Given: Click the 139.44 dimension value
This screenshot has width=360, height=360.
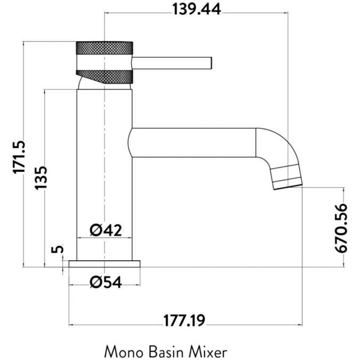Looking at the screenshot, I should pyautogui.click(x=196, y=9).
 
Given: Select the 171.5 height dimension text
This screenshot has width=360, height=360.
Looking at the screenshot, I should pyautogui.click(x=20, y=157).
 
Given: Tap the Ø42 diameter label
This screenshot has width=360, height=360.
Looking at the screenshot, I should pyautogui.click(x=106, y=230).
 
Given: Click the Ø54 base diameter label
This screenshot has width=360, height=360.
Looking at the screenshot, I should pyautogui.click(x=106, y=282).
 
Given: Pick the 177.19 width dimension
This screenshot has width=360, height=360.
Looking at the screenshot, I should pyautogui.click(x=185, y=321).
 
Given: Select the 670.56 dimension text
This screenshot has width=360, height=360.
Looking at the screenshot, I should pyautogui.click(x=341, y=228).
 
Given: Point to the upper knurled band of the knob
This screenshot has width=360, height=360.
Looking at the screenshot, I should pyautogui.click(x=105, y=47).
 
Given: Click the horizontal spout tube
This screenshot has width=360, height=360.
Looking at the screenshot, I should pyautogui.click(x=195, y=142).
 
